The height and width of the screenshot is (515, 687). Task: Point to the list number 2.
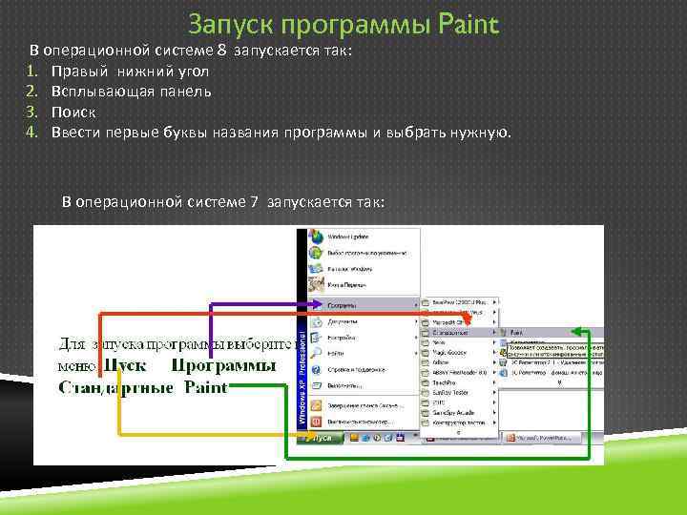pyautogui.click(x=31, y=92)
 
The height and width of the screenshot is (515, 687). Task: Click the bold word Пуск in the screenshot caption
pyautogui.click(x=124, y=365)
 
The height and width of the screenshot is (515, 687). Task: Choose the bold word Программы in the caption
pyautogui.click(x=224, y=365)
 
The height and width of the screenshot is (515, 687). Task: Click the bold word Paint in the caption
pyautogui.click(x=205, y=387)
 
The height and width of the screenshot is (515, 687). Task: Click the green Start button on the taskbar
pyautogui.click(x=322, y=438)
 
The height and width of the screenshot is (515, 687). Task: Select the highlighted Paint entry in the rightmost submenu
pyautogui.click(x=534, y=333)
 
